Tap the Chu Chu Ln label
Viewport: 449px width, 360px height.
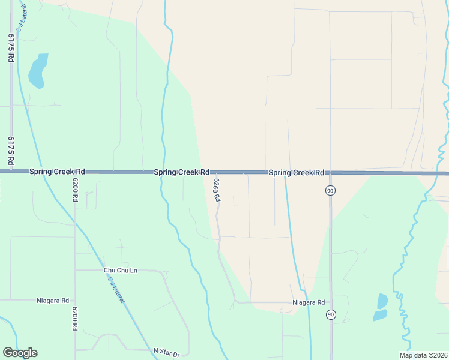[120, 271]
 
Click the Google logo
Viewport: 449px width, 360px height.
[20, 353]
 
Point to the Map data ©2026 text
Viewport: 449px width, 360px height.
[423, 355]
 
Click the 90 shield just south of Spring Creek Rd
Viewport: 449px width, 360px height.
[330, 190]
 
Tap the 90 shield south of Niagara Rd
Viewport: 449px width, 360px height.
[330, 314]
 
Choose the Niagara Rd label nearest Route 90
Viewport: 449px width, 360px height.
[309, 302]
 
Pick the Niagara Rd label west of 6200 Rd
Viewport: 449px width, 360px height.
[53, 301]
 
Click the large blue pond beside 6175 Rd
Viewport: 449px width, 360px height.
[38, 71]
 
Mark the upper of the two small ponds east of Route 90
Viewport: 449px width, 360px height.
[382, 300]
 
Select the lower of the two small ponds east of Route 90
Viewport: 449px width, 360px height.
[379, 314]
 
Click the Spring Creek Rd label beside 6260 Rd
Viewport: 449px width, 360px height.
[181, 172]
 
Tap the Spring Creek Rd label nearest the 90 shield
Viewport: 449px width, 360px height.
[296, 173]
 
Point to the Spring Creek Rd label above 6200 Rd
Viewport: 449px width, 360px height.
[57, 172]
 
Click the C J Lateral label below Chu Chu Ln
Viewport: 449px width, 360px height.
[116, 289]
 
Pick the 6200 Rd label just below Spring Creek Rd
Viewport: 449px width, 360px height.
[76, 190]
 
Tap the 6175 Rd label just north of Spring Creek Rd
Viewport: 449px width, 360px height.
[11, 150]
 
